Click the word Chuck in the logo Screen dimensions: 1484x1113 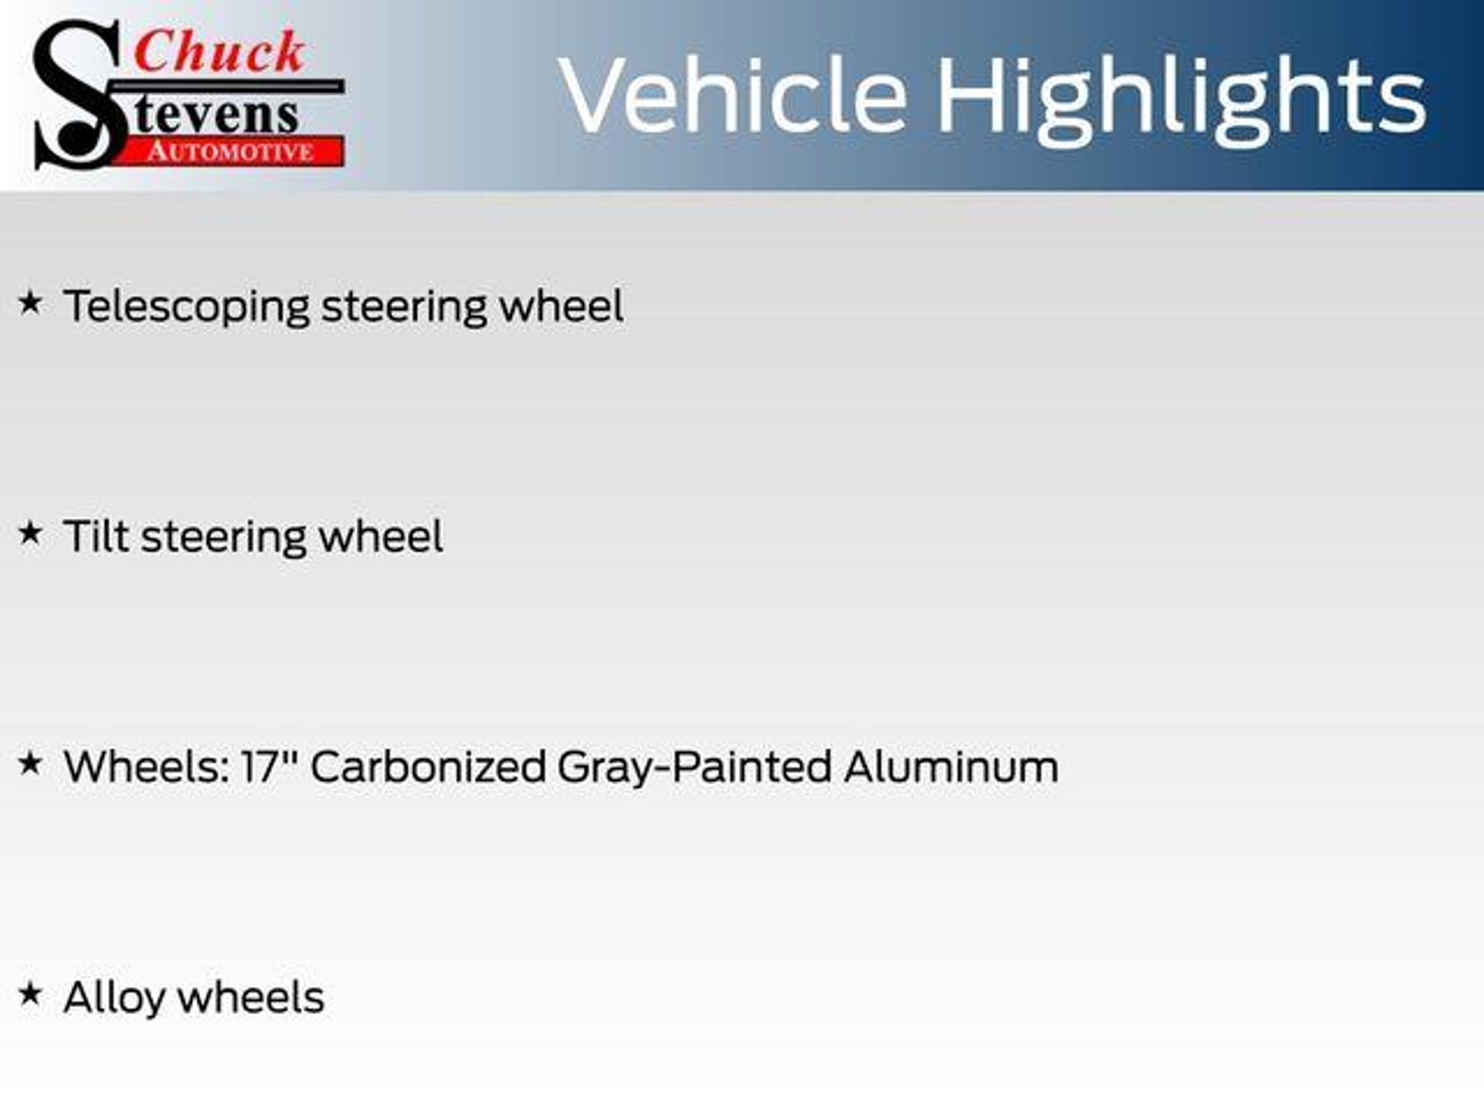pyautogui.click(x=219, y=51)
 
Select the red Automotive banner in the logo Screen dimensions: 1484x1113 pyautogui.click(x=230, y=151)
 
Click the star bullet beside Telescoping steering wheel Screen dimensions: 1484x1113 pyautogui.click(x=30, y=303)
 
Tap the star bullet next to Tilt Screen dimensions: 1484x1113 pyautogui.click(x=30, y=533)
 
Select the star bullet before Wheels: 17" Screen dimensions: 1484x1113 pyautogui.click(x=30, y=763)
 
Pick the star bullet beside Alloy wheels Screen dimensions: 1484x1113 pyautogui.click(x=30, y=993)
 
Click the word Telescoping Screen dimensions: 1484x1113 pyautogui.click(x=187, y=307)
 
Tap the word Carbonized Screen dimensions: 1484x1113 pyautogui.click(x=428, y=766)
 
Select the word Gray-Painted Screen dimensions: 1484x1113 pyautogui.click(x=694, y=768)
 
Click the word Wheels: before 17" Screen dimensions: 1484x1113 pyautogui.click(x=146, y=766)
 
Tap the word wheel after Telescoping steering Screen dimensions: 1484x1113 pyautogui.click(x=562, y=306)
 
